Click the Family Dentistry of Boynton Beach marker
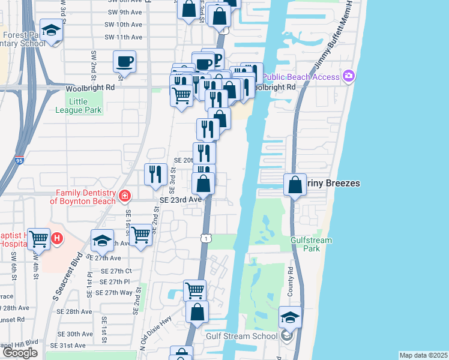pyautogui.click(x=124, y=196)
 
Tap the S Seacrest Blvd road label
pyautogui.click(x=67, y=278)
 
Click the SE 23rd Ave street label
pyautogui.click(x=180, y=199)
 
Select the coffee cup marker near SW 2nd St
pyautogui.click(x=124, y=61)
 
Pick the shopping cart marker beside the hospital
pyautogui.click(x=39, y=239)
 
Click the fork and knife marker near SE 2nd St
pyautogui.click(x=155, y=174)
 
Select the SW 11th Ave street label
pyautogui.click(x=123, y=37)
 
